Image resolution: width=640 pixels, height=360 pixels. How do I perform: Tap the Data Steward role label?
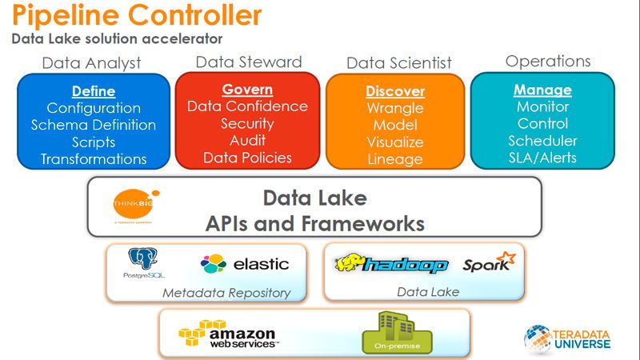(248, 62)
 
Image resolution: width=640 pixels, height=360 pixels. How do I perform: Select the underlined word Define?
(94, 91)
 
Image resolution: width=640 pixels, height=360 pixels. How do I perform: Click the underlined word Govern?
(247, 90)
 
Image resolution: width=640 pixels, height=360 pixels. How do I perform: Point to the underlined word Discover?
(395, 91)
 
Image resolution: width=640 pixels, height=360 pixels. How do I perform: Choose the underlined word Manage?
(542, 90)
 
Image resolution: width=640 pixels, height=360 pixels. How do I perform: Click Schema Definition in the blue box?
(94, 125)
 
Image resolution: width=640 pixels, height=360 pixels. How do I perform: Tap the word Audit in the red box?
(247, 140)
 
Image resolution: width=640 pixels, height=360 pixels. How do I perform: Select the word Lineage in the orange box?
(395, 158)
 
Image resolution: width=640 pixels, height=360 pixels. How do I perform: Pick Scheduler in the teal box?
(542, 141)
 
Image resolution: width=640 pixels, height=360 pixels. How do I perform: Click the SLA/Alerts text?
(542, 158)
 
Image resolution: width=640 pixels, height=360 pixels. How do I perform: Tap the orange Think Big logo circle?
(134, 204)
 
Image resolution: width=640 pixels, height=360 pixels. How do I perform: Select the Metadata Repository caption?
(226, 293)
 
